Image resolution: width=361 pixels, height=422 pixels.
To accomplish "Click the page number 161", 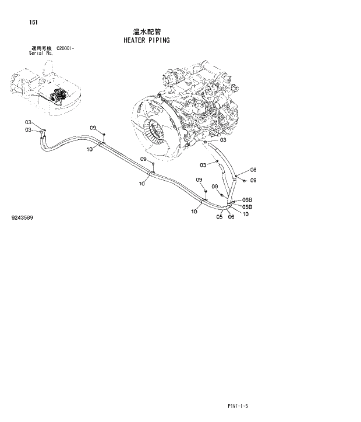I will tap(33, 23).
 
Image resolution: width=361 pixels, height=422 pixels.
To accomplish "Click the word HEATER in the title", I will tap(135, 41).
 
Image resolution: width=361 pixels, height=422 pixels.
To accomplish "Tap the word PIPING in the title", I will tap(158, 41).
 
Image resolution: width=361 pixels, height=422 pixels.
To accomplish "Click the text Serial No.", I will tap(41, 53).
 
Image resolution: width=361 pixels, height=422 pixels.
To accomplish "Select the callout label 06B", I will tap(247, 200).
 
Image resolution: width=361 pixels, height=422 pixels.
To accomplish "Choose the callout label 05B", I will tap(247, 206).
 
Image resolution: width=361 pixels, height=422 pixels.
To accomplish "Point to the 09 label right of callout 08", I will tap(253, 180).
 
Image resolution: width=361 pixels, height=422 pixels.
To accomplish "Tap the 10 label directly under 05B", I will tap(246, 213).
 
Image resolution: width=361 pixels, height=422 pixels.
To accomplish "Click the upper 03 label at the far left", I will tap(28, 122).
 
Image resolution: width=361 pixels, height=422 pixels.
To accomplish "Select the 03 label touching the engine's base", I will tap(222, 140).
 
